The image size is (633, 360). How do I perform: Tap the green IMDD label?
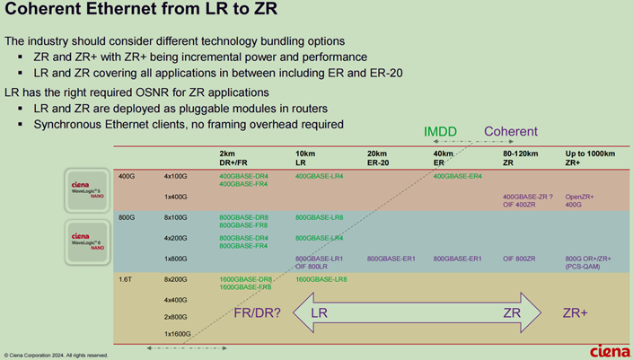point(440,132)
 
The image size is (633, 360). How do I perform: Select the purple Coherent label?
point(511,132)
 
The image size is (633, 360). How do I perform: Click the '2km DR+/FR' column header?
point(235,158)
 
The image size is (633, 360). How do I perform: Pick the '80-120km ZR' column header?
point(521,158)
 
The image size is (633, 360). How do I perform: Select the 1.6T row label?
point(127,280)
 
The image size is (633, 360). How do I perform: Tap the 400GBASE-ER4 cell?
point(458,176)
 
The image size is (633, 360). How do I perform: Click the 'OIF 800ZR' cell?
point(520,259)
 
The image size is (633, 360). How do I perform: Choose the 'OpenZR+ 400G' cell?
point(580,199)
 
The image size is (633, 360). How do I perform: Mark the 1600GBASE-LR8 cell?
point(321,280)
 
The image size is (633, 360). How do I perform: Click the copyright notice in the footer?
point(56,355)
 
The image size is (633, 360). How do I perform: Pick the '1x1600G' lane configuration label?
point(177,333)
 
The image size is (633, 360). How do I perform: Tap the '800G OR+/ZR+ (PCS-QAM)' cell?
point(589,262)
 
